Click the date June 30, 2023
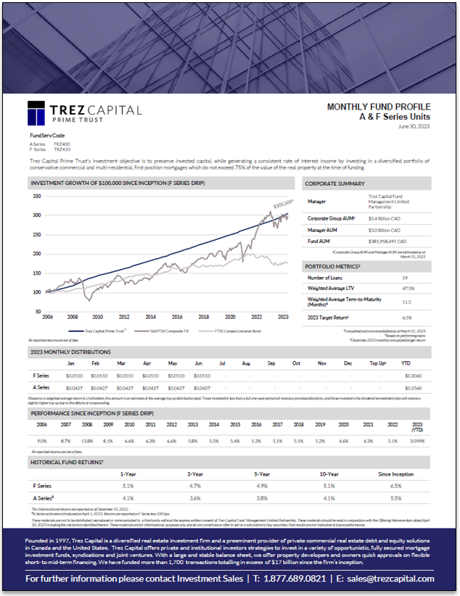[x=414, y=127]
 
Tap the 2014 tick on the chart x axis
[x=150, y=317]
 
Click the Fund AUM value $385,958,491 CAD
[x=390, y=240]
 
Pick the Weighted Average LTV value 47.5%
[x=408, y=288]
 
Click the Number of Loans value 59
[x=406, y=278]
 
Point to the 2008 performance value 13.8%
[x=87, y=441]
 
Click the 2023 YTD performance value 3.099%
[x=417, y=441]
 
